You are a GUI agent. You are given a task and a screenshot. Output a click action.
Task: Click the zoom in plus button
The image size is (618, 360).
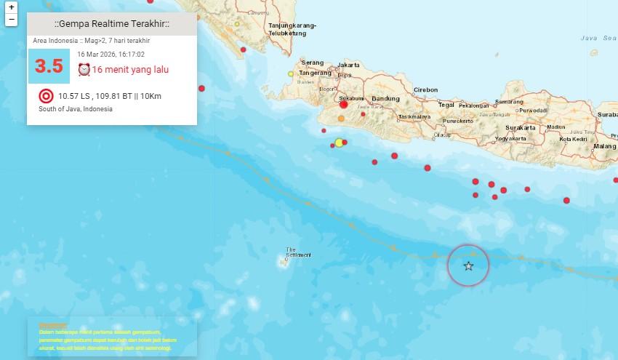click(11, 7)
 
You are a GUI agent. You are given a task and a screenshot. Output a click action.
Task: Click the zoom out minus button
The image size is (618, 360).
click(11, 20)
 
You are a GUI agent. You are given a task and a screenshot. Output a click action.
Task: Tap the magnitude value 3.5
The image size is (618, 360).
click(49, 66)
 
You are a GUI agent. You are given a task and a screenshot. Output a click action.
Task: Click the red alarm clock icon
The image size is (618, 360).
click(84, 70)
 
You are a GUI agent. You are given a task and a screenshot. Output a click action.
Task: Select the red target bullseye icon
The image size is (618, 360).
click(46, 95)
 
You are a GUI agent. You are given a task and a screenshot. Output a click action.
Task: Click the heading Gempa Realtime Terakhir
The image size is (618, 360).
click(111, 24)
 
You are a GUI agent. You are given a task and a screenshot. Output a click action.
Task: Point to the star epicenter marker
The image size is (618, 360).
click(468, 266)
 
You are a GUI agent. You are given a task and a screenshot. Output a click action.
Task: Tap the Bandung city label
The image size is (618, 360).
click(385, 98)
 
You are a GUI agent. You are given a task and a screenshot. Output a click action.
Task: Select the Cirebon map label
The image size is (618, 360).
click(425, 89)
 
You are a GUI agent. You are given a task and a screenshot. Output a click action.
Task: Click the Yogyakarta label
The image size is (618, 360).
click(510, 137)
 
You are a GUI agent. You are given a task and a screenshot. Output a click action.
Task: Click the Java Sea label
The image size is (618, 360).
click(598, 38)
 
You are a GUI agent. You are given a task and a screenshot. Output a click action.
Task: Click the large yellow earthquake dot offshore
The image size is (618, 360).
click(339, 143)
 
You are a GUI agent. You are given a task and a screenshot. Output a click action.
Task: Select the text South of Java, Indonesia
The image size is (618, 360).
click(76, 109)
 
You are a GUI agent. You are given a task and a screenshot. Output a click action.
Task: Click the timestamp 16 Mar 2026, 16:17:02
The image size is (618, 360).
click(111, 54)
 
